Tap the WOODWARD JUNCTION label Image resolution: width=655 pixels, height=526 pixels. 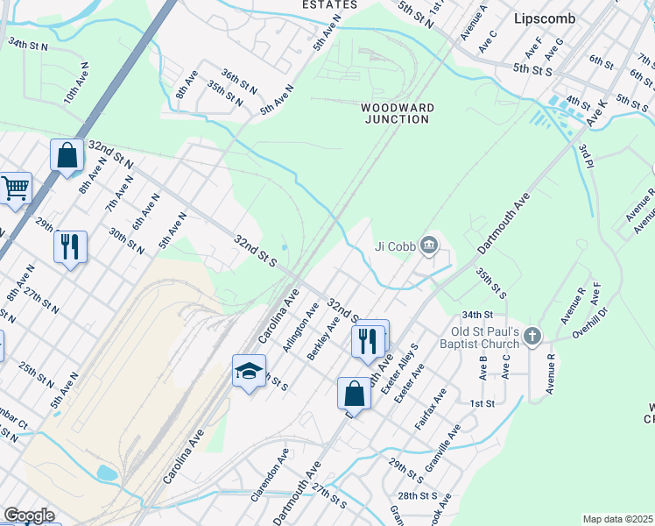click(398, 113)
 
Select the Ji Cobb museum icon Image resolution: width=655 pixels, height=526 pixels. click(428, 245)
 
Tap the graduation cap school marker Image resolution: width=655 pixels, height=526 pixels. click(249, 372)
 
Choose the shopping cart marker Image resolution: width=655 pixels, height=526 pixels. click(15, 188)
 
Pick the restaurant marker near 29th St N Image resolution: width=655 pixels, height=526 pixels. click(70, 245)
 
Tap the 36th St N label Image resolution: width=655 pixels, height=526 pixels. click(239, 81)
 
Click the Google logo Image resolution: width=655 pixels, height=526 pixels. click(29, 516)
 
